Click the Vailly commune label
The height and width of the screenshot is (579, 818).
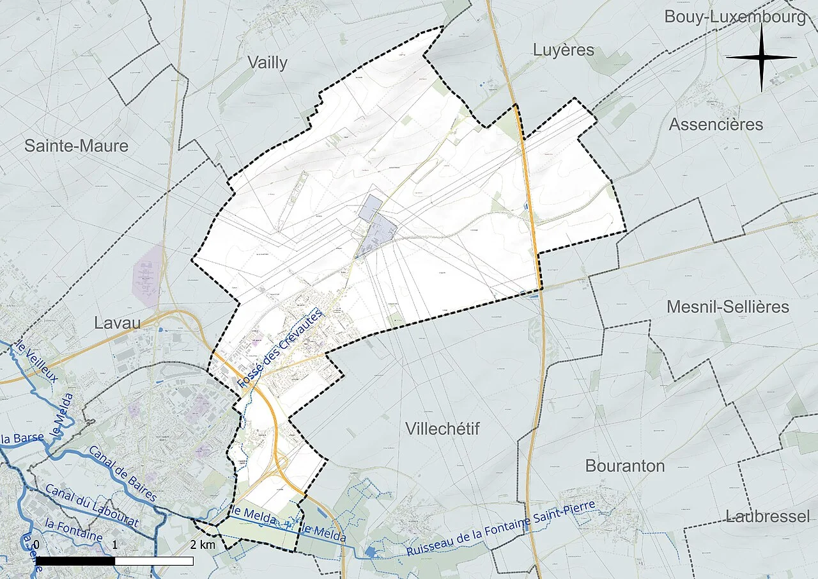(268, 63)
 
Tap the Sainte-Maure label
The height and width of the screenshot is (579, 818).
(76, 146)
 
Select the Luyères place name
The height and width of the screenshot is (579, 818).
(563, 50)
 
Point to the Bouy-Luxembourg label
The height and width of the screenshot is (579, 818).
(735, 17)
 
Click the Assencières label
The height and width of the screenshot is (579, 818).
(716, 124)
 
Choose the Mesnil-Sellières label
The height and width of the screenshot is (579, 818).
(728, 307)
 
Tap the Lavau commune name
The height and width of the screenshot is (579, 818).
(117, 322)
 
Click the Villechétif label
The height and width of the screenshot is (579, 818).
(442, 429)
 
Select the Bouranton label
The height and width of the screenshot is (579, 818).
(625, 466)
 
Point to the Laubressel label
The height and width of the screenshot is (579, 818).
(768, 516)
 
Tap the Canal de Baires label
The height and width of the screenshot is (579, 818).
(123, 473)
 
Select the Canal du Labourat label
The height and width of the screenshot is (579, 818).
(92, 505)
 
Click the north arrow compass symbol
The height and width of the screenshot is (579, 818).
(761, 58)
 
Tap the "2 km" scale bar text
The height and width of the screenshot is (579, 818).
(202, 545)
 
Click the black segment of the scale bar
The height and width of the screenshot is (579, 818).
(75, 561)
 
